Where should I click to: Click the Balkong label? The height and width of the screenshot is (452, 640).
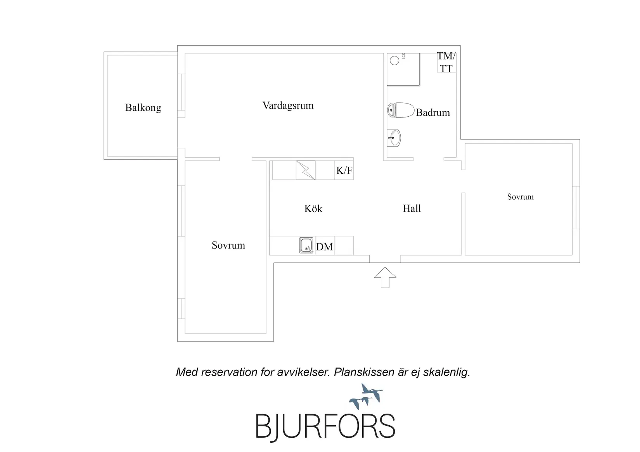pos(143,108)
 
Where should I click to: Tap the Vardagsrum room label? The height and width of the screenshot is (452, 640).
pos(288,106)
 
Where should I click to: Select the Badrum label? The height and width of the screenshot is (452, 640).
pos(433,112)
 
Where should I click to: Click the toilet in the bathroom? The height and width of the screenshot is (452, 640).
pos(401,110)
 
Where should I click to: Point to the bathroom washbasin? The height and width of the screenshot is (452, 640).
pos(394,138)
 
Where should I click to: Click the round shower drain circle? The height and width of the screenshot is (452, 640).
pos(394,60)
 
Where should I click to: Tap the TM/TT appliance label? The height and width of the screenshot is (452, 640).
pos(446,62)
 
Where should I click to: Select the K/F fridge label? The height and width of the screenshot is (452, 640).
pos(344,171)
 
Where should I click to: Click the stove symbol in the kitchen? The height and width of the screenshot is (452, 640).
pos(305,171)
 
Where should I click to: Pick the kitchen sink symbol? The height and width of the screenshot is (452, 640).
pos(306,245)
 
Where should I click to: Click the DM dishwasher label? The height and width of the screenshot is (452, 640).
pos(324,247)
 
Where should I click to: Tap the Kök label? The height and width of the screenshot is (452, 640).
pos(313,209)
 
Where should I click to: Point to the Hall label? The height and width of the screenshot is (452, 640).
pos(412,209)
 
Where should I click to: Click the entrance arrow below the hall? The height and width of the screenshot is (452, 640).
pos(385,278)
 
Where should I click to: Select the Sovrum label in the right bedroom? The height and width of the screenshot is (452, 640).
pos(520,197)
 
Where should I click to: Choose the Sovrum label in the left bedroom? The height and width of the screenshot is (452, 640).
pos(228,245)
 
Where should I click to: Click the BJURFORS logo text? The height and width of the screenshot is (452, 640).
pos(325,427)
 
